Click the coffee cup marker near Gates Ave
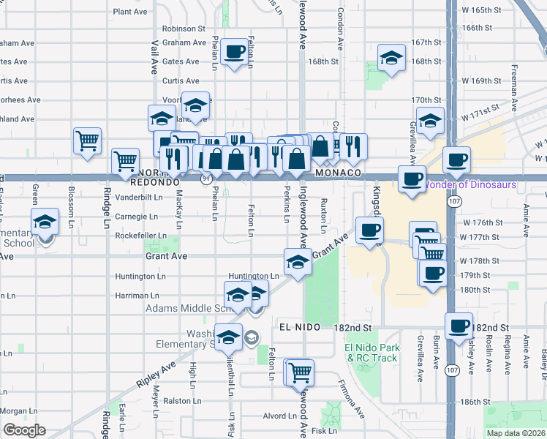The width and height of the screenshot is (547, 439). tap(235, 53)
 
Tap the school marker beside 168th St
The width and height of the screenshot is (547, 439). tap(391, 59)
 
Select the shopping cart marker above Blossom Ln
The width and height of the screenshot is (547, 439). tap(88, 140)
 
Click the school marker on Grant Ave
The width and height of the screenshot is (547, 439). tap(298, 263)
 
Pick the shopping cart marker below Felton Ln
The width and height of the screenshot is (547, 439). tap(299, 372)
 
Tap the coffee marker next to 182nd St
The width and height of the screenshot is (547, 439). tap(459, 326)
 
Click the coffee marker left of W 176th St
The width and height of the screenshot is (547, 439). tap(369, 230)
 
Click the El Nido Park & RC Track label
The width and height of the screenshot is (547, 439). tap(372, 353)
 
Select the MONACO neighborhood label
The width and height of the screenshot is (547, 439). tap(339, 173)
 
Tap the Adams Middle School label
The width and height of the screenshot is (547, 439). tap(183, 308)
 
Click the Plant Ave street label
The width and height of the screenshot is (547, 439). tap(131, 12)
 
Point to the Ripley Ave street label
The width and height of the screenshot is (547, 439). tap(156, 372)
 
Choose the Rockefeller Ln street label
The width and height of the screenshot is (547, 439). tap(130, 236)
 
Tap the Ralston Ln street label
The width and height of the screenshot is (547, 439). tap(177, 401)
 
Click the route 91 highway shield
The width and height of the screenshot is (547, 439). tap(207, 177)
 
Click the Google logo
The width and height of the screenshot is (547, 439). tap(23, 430)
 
